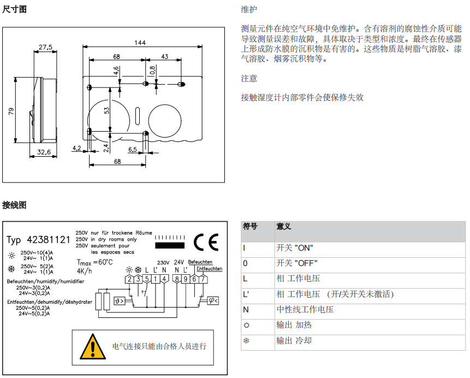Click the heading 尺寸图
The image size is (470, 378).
coord(14,9)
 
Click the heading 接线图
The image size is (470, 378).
coord(14,205)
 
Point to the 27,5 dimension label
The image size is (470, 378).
coord(45,48)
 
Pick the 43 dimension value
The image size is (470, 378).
coord(164,56)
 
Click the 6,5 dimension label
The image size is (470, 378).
coord(133,149)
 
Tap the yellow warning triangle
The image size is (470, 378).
coord(92,346)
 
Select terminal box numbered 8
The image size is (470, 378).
coord(176,280)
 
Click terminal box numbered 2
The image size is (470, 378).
coord(129,280)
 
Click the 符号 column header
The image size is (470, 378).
coord(251,226)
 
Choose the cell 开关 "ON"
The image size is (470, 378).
coord(295,248)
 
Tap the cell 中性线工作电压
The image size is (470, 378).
coord(305,310)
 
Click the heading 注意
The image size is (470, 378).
coord(249,79)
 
